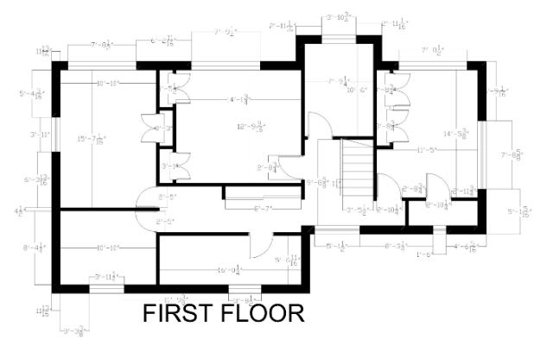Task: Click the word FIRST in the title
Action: click(178, 313)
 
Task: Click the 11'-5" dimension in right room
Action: click(426, 151)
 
